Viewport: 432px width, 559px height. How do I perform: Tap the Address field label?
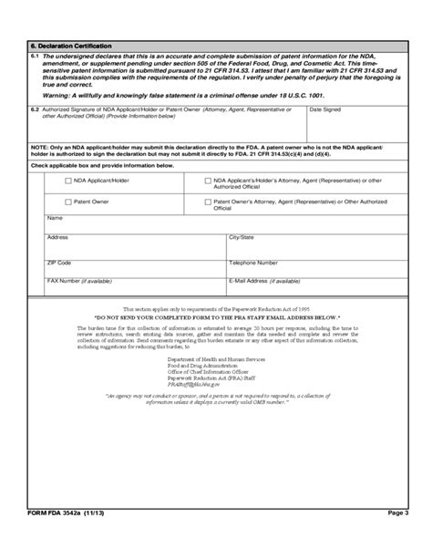coord(57,237)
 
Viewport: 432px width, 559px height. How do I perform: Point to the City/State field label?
coord(242,237)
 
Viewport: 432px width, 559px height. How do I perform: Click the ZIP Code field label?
coord(59,262)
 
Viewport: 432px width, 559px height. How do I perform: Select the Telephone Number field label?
coord(254,262)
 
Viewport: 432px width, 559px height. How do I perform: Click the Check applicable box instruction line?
coord(89,166)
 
